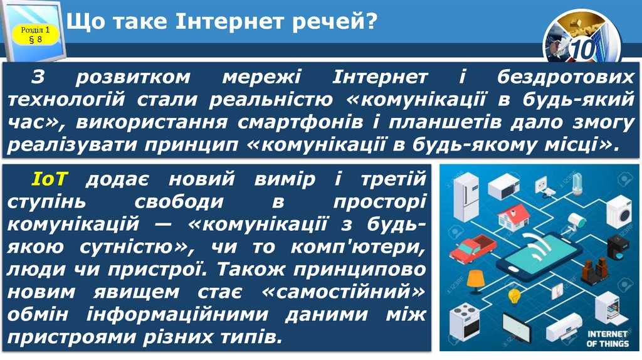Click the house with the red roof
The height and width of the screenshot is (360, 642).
coord(513,216)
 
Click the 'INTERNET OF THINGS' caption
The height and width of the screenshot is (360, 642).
coord(608,339)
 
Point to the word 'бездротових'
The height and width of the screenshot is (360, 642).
coord(566,77)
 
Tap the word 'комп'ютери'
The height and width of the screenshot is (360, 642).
coord(361,247)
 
